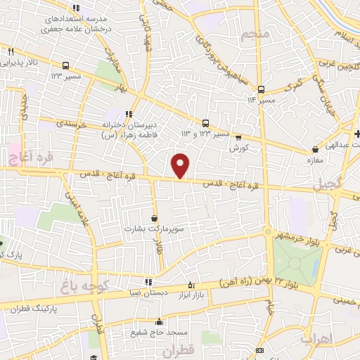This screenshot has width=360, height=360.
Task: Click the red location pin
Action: [181, 166]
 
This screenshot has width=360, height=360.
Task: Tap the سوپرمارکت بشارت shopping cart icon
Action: [154, 217]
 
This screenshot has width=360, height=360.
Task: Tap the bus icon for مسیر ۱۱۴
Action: [261, 89]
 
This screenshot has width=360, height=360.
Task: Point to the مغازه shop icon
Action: [314, 149]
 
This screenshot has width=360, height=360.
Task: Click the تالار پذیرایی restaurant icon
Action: [11, 51]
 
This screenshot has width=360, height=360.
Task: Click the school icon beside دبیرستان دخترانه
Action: [128, 114]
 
